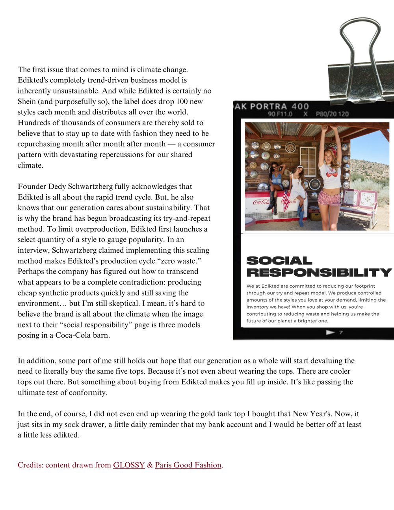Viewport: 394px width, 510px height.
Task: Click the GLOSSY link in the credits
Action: pos(129,465)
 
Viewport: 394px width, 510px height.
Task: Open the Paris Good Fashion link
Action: pos(188,465)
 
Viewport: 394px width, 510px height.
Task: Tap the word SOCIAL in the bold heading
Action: pos(279,261)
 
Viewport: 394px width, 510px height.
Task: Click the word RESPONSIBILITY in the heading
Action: pos(319,273)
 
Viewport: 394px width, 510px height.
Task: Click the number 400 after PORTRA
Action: pos(300,106)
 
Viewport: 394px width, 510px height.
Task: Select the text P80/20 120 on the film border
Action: pos(332,114)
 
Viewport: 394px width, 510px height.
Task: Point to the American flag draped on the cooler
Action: pos(285,201)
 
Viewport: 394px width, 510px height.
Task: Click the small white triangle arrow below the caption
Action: pos(330,333)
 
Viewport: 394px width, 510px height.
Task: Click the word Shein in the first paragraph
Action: pos(27,101)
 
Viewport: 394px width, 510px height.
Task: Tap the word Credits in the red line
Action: pos(30,465)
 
